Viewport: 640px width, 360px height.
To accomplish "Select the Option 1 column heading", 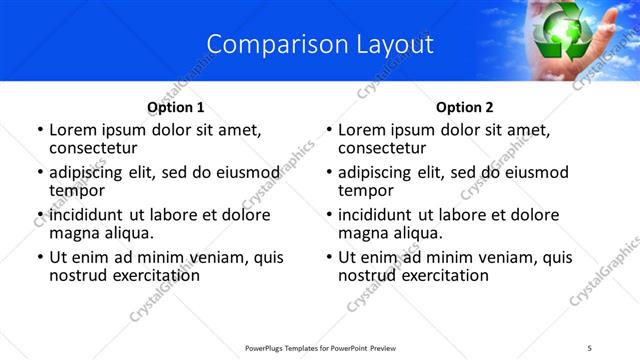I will click(x=176, y=107).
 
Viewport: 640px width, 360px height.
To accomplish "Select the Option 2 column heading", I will click(x=465, y=107).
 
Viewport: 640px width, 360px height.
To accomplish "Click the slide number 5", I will click(x=590, y=347).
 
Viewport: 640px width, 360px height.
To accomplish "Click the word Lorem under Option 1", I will click(x=71, y=130).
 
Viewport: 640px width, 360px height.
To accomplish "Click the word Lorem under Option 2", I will click(x=360, y=130).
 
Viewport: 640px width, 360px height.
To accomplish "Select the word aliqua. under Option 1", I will click(x=127, y=232).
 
